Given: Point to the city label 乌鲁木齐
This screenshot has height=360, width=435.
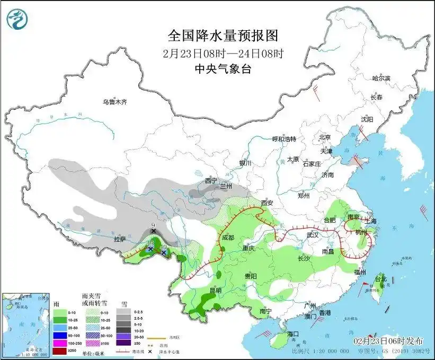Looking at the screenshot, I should pyautogui.click(x=115, y=101).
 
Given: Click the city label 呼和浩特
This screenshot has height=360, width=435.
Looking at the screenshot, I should pyautogui.click(x=284, y=138).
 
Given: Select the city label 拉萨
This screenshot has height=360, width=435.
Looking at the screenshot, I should pyautogui.click(x=120, y=239).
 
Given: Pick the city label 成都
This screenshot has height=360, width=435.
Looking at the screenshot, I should pyautogui.click(x=228, y=238).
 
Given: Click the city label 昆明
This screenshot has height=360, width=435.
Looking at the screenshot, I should pyautogui.click(x=215, y=291).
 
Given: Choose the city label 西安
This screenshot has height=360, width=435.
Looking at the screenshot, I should pyautogui.click(x=266, y=203).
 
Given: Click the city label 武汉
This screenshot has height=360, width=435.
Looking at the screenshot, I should pyautogui.click(x=312, y=234).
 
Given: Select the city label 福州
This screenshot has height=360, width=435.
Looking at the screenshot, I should pyautogui.click(x=360, y=271).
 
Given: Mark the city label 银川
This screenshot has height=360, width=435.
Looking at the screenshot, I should pyautogui.click(x=245, y=163).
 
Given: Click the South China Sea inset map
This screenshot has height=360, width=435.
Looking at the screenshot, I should pyautogui.click(x=26, y=323).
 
